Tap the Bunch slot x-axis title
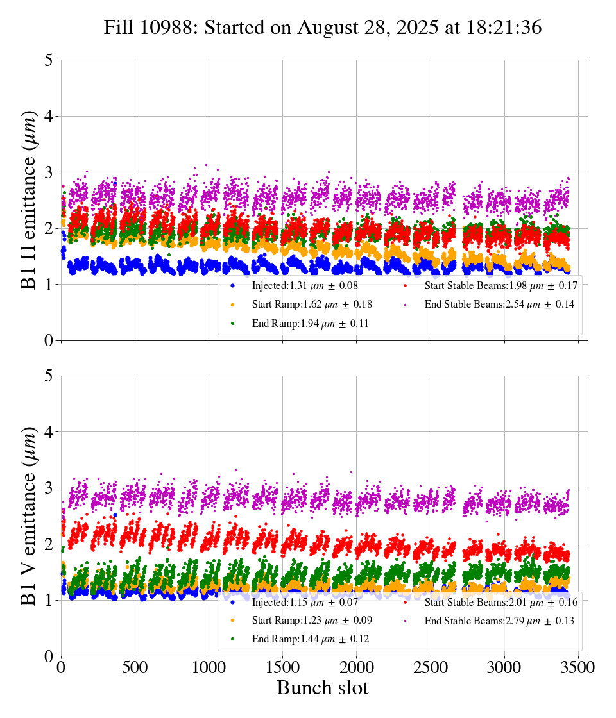click(323, 689)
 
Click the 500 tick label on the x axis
click(135, 667)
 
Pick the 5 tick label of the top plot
click(48, 61)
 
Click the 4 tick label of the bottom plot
click(48, 432)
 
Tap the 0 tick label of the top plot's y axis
click(48, 340)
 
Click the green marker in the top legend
click(232, 324)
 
